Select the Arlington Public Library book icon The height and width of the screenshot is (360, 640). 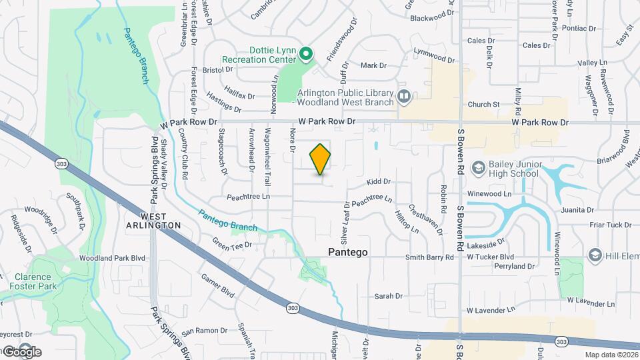tap(404, 97)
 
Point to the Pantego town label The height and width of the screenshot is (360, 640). tap(347, 252)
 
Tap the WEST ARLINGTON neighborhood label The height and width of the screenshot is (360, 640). tap(161, 221)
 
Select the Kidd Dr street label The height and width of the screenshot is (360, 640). tap(378, 181)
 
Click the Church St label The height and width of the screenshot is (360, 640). tap(483, 105)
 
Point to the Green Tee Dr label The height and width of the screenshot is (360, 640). tap(231, 243)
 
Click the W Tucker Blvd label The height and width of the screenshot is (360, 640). tap(490, 257)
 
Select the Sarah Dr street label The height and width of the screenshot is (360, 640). tap(388, 296)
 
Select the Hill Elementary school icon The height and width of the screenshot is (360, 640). tap(594, 255)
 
